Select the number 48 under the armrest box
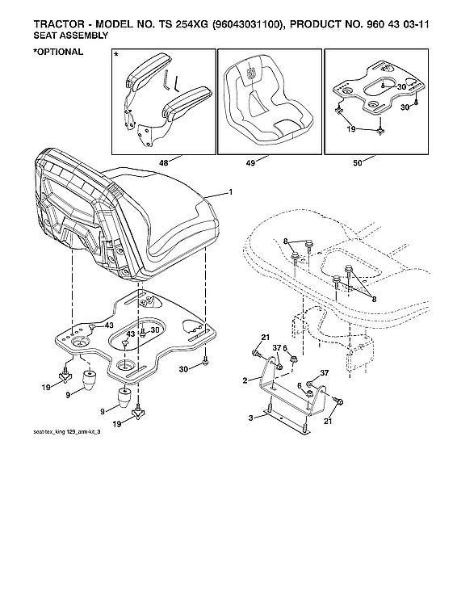tap(164, 163)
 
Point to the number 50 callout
tap(357, 163)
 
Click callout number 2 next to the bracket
tap(245, 380)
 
